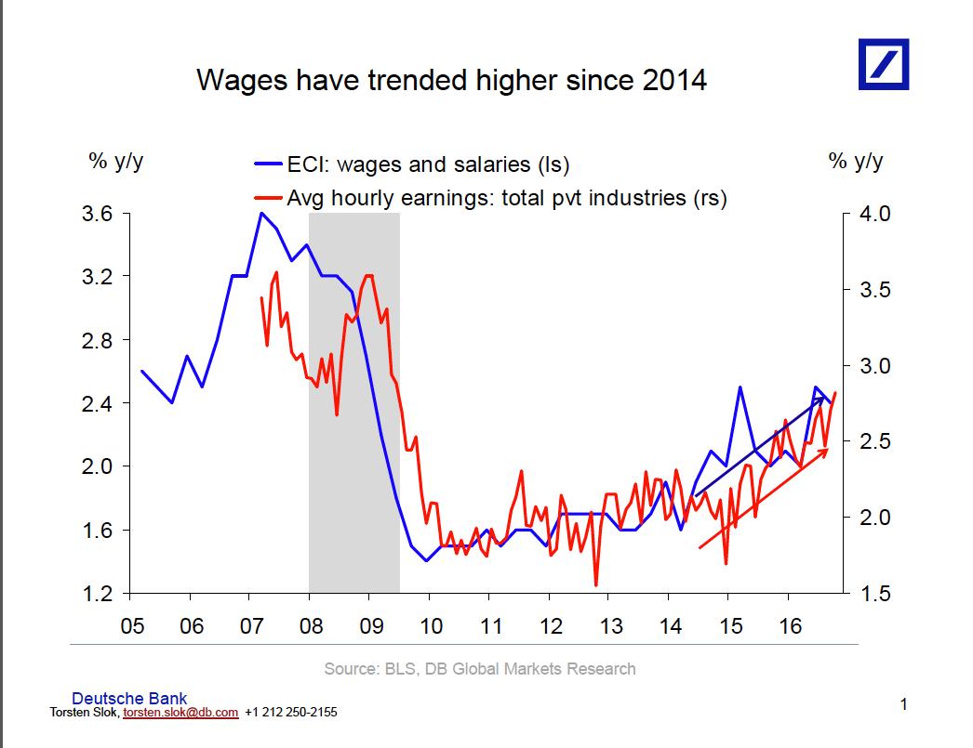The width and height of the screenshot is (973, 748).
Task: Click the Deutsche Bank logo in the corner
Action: coord(884,64)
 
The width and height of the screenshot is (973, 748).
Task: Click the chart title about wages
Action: coord(452,80)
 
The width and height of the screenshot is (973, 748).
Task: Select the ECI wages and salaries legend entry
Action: coord(412,164)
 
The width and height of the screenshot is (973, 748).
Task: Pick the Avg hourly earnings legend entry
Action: coord(490,198)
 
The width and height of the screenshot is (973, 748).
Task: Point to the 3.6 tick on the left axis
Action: coord(98,214)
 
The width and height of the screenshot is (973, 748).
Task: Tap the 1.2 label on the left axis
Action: coord(98,594)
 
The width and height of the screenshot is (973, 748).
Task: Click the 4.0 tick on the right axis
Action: coord(875,214)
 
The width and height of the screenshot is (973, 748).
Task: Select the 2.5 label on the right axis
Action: coord(875,441)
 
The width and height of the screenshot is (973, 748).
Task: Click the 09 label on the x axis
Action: coord(371,626)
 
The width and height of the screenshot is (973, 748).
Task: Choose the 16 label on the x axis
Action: coord(790,626)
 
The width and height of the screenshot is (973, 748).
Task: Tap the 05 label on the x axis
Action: coord(132,626)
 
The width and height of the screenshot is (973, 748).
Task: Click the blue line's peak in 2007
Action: coord(262,213)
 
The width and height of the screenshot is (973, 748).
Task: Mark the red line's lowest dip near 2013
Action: coord(595,584)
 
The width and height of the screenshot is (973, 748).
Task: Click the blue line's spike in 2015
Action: coord(740,387)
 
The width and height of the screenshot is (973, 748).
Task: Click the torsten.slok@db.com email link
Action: coord(180,713)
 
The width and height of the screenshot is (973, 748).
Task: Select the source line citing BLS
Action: coord(480,669)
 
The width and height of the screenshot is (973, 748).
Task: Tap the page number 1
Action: coord(904,704)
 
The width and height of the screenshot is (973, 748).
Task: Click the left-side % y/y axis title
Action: coord(116,161)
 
